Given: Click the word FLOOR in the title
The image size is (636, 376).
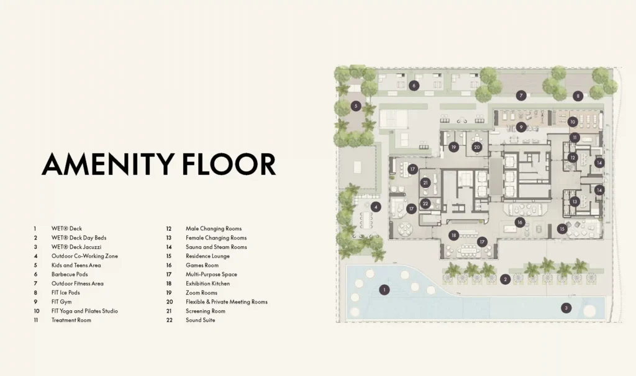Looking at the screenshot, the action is pyautogui.click(x=229, y=164).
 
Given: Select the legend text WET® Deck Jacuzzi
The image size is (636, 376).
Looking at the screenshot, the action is pyautogui.click(x=76, y=247).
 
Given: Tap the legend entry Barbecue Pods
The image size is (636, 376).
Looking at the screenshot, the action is pyautogui.click(x=70, y=274).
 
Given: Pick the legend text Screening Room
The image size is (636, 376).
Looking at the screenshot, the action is pyautogui.click(x=205, y=311).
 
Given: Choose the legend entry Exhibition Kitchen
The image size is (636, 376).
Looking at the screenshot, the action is pyautogui.click(x=207, y=284).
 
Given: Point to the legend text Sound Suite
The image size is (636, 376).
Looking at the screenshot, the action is pyautogui.click(x=201, y=320).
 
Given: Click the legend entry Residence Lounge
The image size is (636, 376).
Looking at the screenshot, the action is pyautogui.click(x=207, y=256).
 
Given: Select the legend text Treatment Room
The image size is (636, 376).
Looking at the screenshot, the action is pyautogui.click(x=71, y=320).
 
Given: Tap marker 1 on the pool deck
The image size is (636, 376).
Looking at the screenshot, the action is pyautogui.click(x=384, y=290).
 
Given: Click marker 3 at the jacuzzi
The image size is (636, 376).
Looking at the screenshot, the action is pyautogui.click(x=566, y=308).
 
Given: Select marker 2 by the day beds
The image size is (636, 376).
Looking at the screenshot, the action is pyautogui.click(x=505, y=279).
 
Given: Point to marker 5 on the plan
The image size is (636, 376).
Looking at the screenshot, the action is pyautogui.click(x=356, y=106).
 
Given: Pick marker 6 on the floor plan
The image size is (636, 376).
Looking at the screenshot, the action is pyautogui.click(x=414, y=86).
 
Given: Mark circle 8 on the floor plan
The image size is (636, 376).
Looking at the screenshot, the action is pyautogui.click(x=578, y=96).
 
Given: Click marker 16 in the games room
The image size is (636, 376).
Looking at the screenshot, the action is pyautogui.click(x=520, y=223).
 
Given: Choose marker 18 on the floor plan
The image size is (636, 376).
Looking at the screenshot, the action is pyautogui.click(x=454, y=235).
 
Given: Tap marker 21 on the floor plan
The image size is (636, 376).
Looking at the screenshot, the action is pyautogui.click(x=425, y=183).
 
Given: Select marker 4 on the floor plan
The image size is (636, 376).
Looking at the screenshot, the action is pyautogui.click(x=376, y=207).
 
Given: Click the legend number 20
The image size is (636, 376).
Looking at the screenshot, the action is pyautogui.click(x=170, y=302).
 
